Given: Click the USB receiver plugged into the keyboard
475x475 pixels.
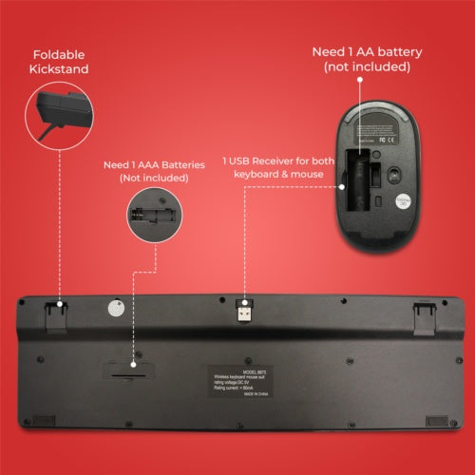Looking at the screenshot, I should click(245, 311).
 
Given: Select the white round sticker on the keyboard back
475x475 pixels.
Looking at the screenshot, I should click(116, 310).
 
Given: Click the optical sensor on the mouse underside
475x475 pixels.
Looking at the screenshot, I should click(375, 174).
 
